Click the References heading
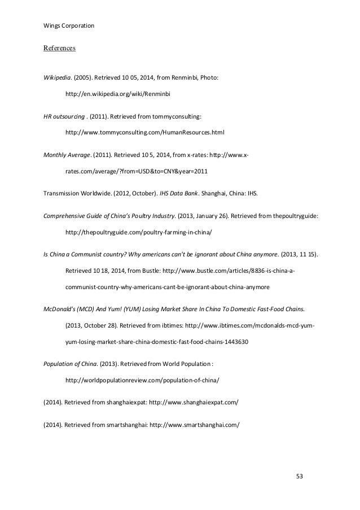(59, 49)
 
